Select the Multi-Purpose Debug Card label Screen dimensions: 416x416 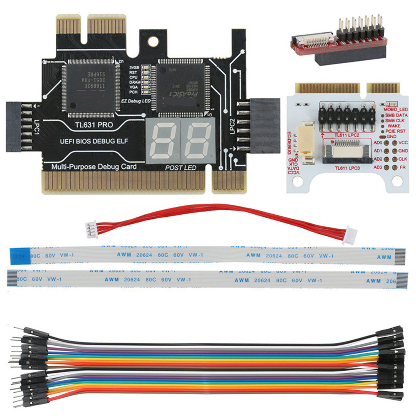pyautogui.click(x=94, y=167)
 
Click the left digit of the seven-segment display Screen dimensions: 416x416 pyautogui.click(x=163, y=140)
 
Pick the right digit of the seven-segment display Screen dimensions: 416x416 pyautogui.click(x=197, y=140)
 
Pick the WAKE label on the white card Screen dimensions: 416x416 pyautogui.click(x=394, y=125)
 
